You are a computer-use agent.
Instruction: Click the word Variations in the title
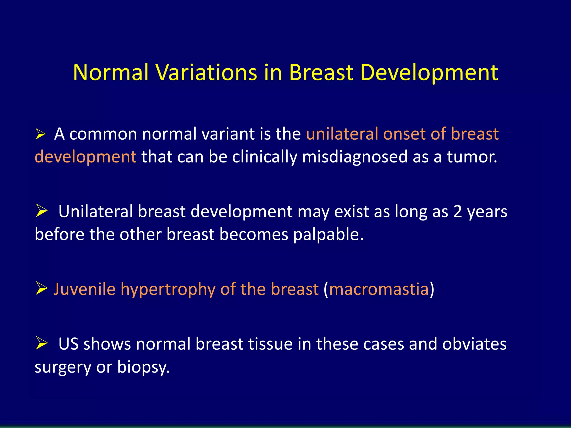click(206, 72)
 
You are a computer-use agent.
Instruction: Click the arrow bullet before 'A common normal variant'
click(40, 135)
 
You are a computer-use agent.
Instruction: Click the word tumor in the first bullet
click(472, 157)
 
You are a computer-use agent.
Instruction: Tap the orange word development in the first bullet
click(85, 157)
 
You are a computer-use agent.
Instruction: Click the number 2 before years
click(458, 211)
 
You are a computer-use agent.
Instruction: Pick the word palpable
click(328, 234)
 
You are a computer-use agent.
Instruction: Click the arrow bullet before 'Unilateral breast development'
click(42, 211)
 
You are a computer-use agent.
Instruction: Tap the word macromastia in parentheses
click(379, 289)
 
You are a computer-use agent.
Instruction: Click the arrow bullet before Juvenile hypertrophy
click(42, 288)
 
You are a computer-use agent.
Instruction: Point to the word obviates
click(474, 344)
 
